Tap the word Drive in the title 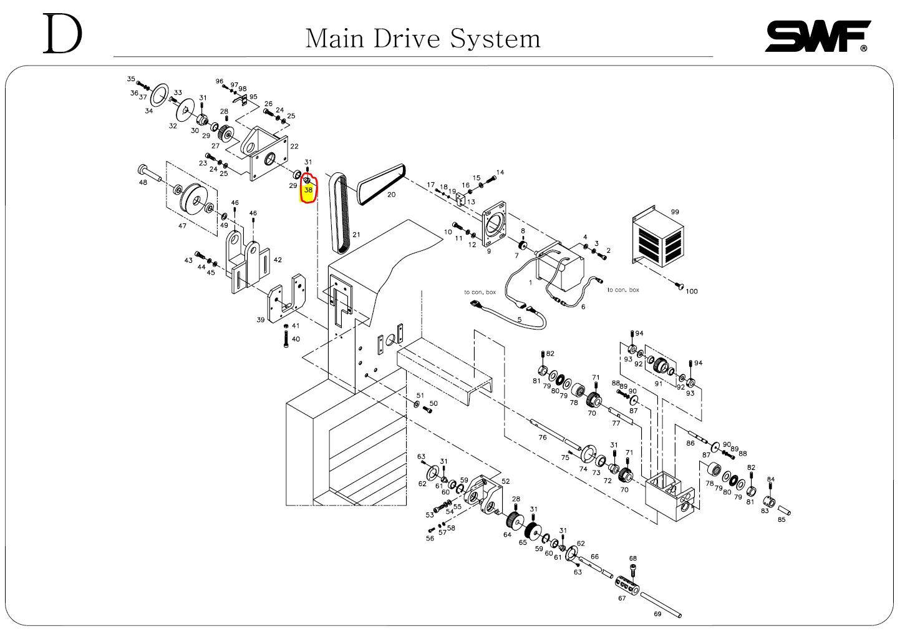point(408,39)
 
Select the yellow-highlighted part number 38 point(308,190)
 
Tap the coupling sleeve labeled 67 point(628,584)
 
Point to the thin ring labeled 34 point(159,93)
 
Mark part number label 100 point(692,291)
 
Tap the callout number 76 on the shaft point(543,438)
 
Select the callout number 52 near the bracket point(505,481)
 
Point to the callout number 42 point(278,260)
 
